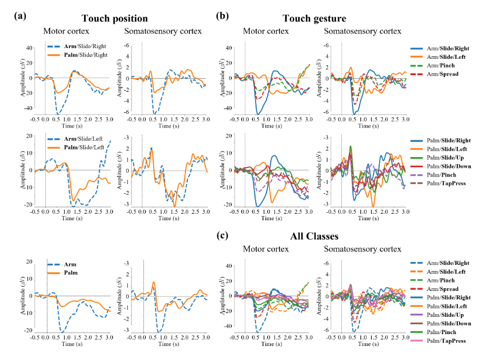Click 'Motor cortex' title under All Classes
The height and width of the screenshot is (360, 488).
pyautogui.click(x=265, y=249)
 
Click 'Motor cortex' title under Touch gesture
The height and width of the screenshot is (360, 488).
pyautogui.click(x=265, y=31)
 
